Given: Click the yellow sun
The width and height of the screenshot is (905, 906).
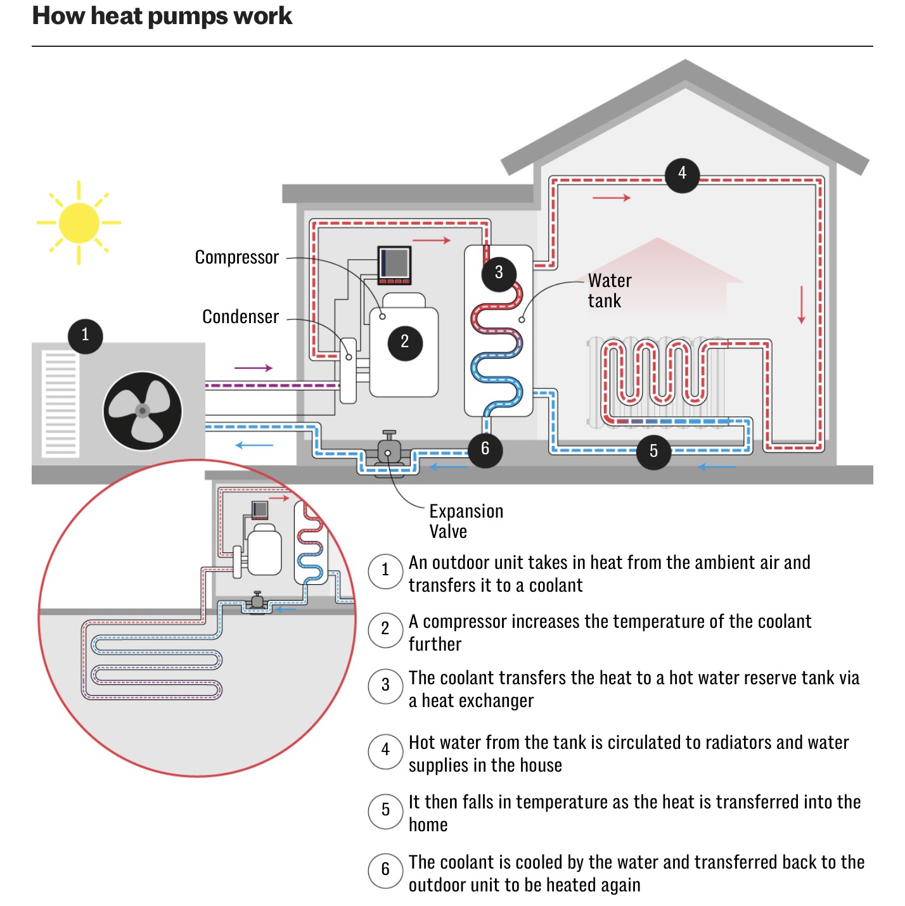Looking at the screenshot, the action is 79,223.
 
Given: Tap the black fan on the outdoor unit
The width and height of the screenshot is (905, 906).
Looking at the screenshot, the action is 143,411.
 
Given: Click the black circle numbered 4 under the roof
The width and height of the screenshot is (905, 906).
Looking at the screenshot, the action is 682,175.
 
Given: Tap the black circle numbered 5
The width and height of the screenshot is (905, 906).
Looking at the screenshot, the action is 653,452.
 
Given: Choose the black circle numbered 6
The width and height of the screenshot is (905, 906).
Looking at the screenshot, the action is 485,450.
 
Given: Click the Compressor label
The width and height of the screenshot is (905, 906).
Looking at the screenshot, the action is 236,258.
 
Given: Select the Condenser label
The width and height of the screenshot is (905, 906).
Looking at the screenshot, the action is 240,317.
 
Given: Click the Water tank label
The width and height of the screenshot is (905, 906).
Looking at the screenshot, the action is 610,291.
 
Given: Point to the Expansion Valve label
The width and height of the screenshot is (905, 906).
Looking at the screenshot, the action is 466,521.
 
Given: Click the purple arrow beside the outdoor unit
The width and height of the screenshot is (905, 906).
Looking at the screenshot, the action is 254,367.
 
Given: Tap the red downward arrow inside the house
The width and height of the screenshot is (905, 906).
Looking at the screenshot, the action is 802,305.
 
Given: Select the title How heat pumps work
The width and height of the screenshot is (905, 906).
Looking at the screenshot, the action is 162,16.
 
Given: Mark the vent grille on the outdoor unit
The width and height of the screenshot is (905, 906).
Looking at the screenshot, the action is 60,404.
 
